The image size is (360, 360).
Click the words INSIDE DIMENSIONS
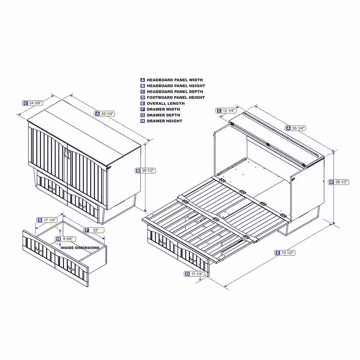(x=80, y=248)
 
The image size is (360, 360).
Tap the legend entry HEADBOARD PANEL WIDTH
(x=175, y=80)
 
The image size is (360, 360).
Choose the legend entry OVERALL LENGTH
(x=166, y=103)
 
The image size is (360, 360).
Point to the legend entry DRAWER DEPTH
(x=163, y=115)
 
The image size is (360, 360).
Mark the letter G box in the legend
(x=143, y=115)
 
